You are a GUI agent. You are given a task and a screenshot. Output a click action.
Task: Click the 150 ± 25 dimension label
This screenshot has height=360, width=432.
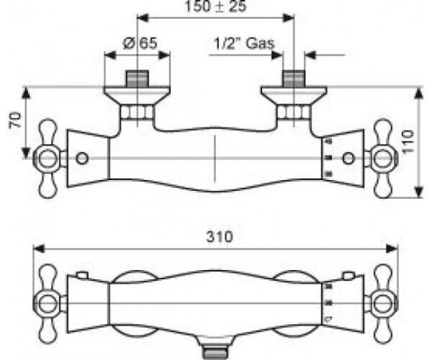coord(216,6)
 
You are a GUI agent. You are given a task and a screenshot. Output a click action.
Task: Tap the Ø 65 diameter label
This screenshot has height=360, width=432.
coord(140,43)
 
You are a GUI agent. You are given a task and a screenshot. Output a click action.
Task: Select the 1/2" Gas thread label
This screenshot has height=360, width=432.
coord(244,44)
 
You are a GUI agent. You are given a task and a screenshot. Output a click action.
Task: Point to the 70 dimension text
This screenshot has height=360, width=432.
coord(16,120)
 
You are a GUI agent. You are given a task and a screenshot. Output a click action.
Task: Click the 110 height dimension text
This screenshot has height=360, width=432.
coord(409,142)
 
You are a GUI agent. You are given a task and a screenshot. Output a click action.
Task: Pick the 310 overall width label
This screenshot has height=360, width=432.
coord(219,236)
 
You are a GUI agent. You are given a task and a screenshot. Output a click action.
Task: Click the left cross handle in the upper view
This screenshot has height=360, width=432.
coord(49,158)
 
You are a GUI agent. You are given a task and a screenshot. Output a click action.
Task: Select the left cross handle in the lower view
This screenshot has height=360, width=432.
coord(49,304)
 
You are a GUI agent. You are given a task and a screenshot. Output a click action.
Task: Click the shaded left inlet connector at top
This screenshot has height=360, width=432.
coord(137,79)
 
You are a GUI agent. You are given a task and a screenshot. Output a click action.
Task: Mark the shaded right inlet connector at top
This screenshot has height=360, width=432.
coord(294,79)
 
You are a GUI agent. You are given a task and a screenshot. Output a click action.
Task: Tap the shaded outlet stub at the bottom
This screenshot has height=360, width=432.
coord(216,354)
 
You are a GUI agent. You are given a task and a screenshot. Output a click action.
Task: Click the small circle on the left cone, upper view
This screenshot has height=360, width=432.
coord(82,159)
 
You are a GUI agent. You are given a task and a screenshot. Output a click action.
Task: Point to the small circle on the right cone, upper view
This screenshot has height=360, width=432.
coord(349,159)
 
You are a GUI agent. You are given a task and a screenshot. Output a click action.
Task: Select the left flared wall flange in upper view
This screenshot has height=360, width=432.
coord(137,95)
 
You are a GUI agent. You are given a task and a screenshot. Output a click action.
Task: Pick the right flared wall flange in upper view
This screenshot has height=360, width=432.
coord(294,95)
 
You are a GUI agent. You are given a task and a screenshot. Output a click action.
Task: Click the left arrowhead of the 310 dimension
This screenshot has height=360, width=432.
coord(38,249)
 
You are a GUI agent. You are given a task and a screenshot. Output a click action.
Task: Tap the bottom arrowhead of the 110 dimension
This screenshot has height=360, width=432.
coord(419,192)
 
